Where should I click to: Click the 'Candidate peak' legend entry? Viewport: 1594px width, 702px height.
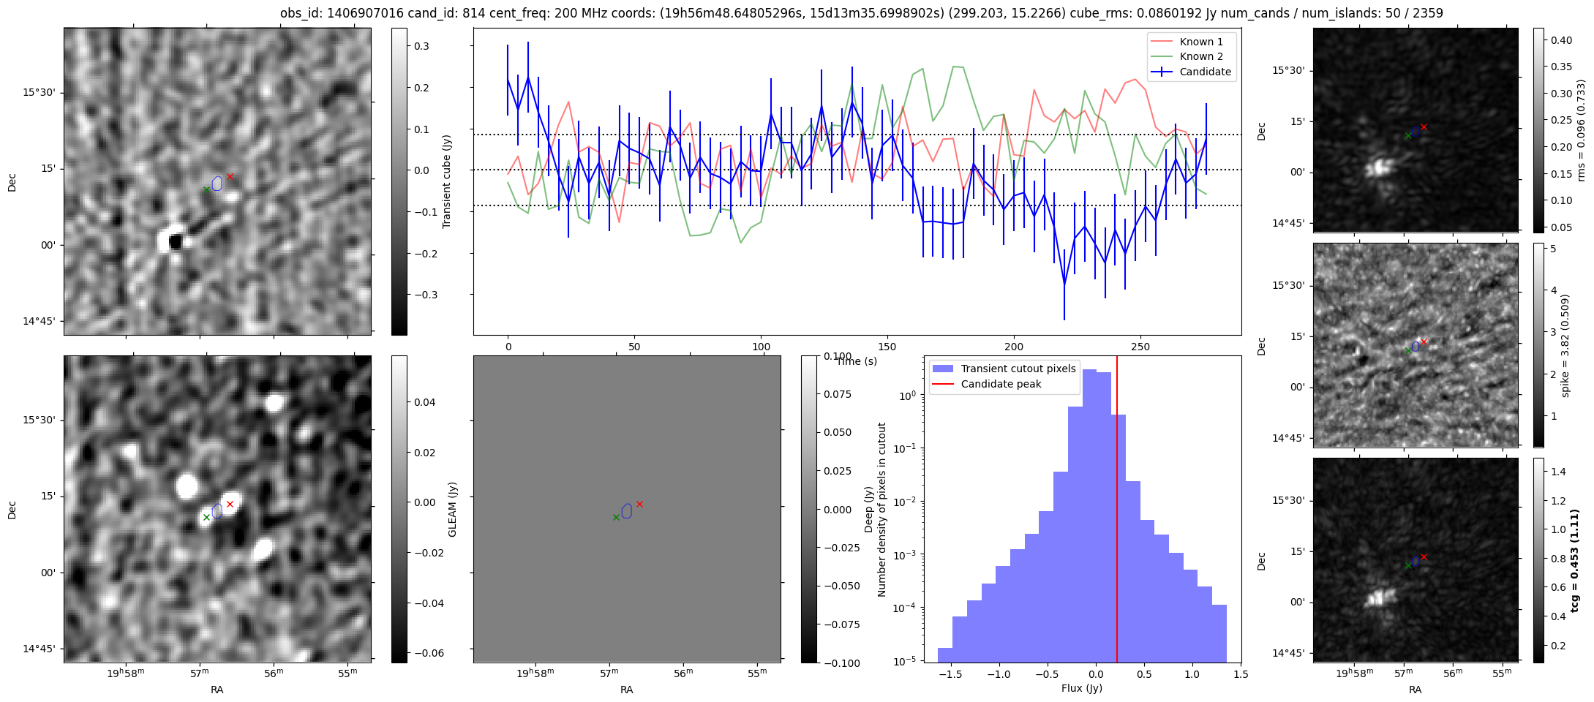pos(1001,384)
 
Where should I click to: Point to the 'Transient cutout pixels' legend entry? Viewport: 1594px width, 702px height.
pos(1018,369)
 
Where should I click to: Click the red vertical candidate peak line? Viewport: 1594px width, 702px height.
pos(1117,512)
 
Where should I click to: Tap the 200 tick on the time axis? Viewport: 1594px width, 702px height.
pos(1014,346)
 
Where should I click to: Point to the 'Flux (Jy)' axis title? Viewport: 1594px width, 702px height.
pos(1081,688)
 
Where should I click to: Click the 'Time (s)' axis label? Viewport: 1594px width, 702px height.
pos(857,361)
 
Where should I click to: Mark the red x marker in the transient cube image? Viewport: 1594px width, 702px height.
pos(230,176)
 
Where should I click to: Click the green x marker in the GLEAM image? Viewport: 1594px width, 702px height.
pos(206,517)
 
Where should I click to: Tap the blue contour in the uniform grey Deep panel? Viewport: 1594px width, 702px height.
pos(626,510)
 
